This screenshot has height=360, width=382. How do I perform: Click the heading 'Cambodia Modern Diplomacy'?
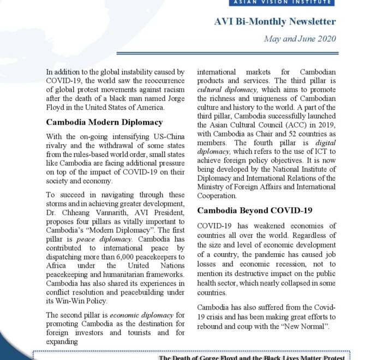[x=104, y=122]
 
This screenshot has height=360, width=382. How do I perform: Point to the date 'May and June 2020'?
[x=300, y=39]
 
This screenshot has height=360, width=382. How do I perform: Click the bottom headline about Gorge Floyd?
[x=252, y=357]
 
